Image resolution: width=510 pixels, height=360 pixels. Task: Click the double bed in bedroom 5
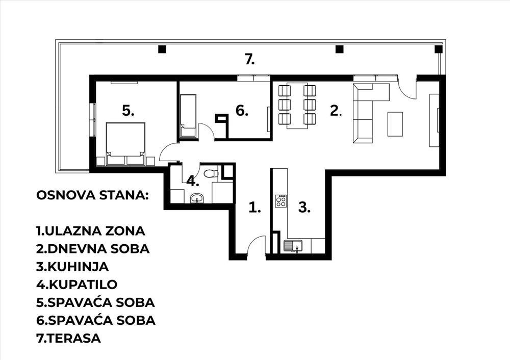pos(125,143)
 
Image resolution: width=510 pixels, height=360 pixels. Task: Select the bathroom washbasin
pos(197,198)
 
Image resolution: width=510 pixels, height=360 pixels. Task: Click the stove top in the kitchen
pos(281,201)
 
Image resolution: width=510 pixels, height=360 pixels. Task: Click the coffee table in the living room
pos(395,124)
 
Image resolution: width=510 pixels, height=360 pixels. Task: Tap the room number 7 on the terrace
pos(250,60)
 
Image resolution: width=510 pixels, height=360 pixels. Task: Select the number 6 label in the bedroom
pos(242,111)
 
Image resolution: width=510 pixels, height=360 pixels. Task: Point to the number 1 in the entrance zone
pos(254,207)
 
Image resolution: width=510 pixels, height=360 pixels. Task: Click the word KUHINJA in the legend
pos(79,267)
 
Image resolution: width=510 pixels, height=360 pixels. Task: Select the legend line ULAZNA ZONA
pos(91,231)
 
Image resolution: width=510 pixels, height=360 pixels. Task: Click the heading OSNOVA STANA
pos(93,195)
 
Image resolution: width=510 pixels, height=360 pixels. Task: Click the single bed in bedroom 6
pos(188,116)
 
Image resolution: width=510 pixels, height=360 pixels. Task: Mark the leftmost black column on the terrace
pos(162,49)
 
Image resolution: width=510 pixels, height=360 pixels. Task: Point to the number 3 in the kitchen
pos(304,207)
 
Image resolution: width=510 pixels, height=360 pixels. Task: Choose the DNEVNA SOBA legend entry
pos(93,249)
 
